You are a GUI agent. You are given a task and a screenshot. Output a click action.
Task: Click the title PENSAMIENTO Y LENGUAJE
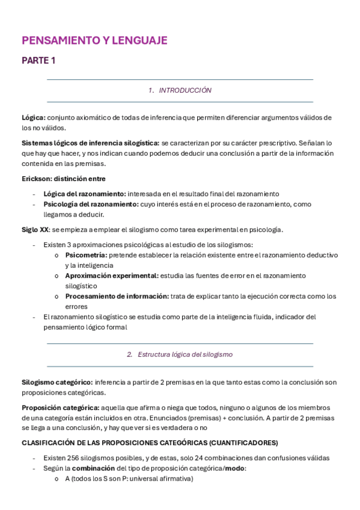tap(94, 41)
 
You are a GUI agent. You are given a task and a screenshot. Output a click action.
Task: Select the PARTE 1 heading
tap(38, 60)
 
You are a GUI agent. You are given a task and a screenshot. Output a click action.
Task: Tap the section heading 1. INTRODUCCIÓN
tap(180, 90)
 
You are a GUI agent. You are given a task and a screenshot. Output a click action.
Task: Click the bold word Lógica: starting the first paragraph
tap(34, 118)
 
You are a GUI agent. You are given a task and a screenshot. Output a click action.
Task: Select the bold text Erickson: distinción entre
tap(63, 179)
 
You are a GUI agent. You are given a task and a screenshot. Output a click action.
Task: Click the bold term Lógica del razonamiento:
tap(85, 194)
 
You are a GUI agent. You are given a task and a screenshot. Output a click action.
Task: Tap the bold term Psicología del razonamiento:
tap(91, 204)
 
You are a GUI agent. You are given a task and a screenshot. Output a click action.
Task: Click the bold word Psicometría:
tap(86, 255)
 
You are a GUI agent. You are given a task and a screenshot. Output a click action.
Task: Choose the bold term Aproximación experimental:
tap(112, 275)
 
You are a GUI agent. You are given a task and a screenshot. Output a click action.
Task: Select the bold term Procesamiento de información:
tap(117, 296)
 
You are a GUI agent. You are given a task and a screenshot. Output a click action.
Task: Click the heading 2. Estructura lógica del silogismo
tap(180, 355)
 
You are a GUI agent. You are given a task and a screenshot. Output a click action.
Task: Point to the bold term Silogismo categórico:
tap(57, 382)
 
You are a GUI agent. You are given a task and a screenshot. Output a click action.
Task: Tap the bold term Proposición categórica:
tap(60, 407)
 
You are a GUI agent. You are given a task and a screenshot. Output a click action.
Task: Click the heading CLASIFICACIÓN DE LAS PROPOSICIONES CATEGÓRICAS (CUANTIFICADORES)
tap(150, 443)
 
